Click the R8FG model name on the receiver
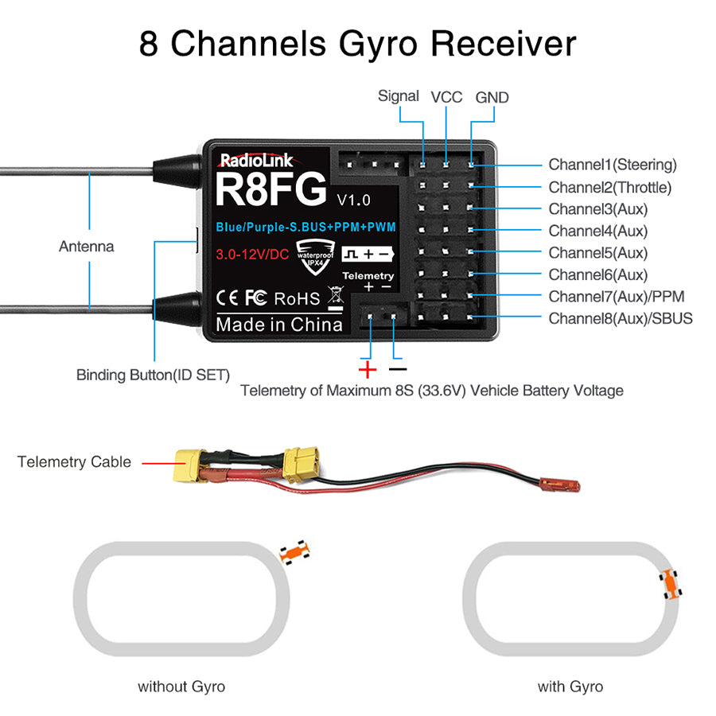point(271,189)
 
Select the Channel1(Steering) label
point(612,165)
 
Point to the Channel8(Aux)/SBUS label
point(620,318)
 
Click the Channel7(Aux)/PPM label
point(616,297)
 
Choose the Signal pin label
point(399,96)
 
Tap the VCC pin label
point(446,97)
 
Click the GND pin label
point(492,97)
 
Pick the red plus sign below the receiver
point(368,369)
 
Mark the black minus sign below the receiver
point(398,369)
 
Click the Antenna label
point(86,247)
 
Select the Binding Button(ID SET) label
point(153,374)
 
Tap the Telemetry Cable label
point(74,461)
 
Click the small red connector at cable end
point(564,483)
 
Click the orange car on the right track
point(671,585)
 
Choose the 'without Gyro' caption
point(181,686)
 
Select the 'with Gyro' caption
point(570,686)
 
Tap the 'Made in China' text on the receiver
point(279,325)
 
